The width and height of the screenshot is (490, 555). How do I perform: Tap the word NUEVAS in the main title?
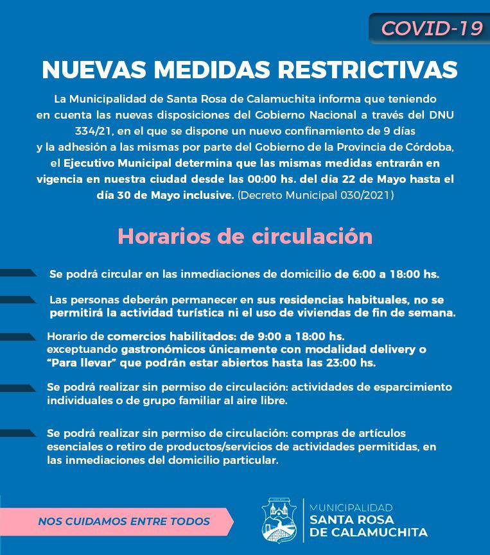[x=87, y=70]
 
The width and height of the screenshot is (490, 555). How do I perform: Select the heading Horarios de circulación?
[x=245, y=235]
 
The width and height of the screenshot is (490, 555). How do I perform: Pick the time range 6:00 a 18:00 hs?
[x=387, y=274]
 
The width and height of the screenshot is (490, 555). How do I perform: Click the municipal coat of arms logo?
[x=279, y=520]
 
